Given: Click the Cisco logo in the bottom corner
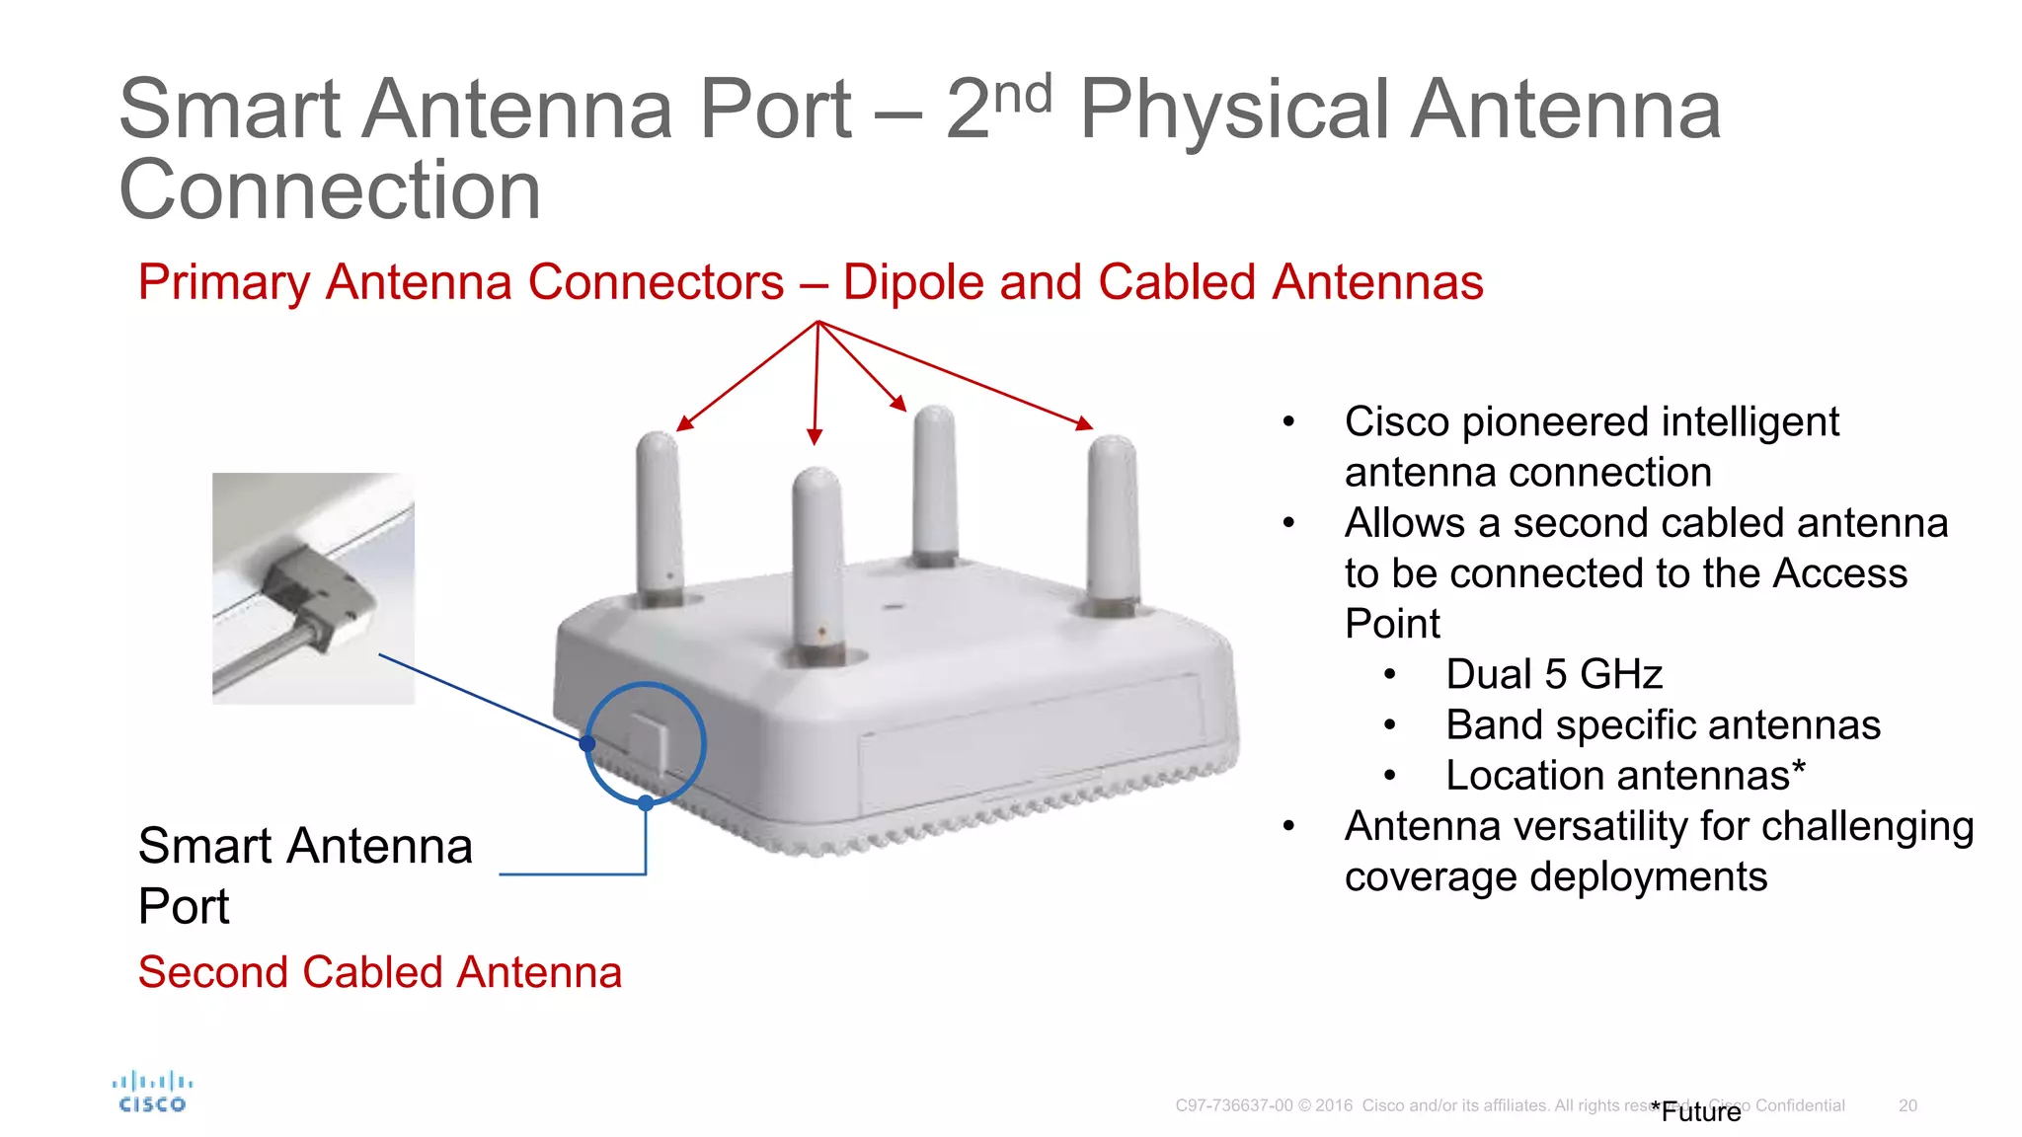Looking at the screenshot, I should point(152,1093).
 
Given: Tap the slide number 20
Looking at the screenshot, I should point(1907,1105).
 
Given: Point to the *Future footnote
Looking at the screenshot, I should point(1696,1112).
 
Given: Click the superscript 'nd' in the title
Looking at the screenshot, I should point(1023,96).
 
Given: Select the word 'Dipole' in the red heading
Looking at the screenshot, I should point(913,282).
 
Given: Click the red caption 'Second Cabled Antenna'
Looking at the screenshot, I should point(380,972).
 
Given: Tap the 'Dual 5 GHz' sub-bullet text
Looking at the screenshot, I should point(1554,675).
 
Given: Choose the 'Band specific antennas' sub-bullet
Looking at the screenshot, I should point(1663,725).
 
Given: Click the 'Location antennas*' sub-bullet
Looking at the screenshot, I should point(1625,776).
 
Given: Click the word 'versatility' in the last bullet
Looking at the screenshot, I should point(1573,827).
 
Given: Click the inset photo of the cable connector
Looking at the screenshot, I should point(313,588).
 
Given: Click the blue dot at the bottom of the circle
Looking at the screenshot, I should point(646,803).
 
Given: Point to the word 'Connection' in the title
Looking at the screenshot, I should point(330,189).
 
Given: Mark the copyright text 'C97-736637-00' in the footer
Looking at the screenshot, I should point(1233,1105).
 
